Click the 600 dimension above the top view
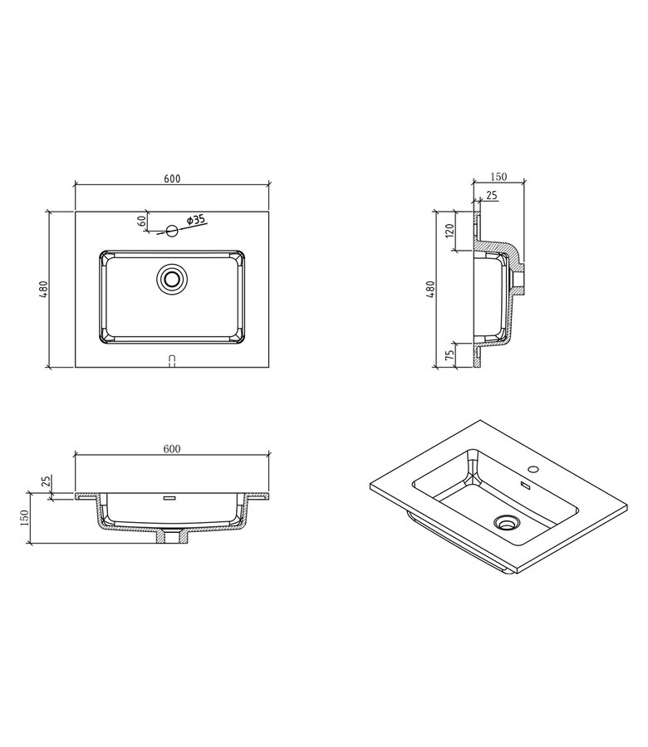[x=172, y=178]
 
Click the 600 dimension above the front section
[x=172, y=449]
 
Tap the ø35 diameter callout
[x=196, y=220]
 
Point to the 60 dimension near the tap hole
[x=141, y=221]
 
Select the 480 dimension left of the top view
[x=43, y=289]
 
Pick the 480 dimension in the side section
[x=430, y=289]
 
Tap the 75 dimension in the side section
[x=449, y=355]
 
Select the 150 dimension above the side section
[x=498, y=177]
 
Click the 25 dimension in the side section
[x=491, y=195]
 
